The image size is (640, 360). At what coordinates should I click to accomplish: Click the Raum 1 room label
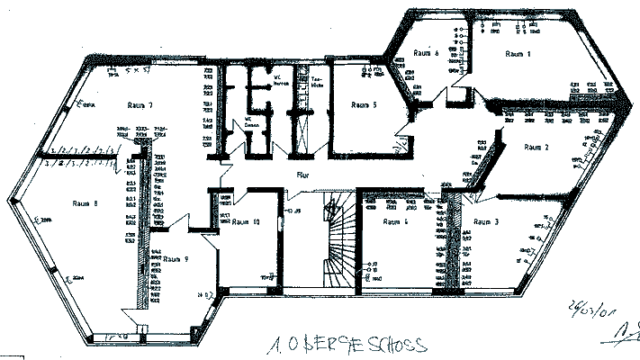pos(518,54)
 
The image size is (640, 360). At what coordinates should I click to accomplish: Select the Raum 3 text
pos(486,220)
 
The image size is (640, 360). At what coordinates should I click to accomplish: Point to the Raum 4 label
pos(395,220)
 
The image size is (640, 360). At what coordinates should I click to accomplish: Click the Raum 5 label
pos(364,104)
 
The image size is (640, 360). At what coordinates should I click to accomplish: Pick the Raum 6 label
pos(426,53)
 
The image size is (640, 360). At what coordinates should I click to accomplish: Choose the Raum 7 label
pos(140,105)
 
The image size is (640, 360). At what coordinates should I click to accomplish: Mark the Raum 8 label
pos(84,202)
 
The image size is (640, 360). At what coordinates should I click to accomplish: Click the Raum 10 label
pos(246,220)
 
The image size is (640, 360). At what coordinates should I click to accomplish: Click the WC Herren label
pos(281,84)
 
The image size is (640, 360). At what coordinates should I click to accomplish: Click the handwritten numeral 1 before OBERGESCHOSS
pos(275,345)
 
